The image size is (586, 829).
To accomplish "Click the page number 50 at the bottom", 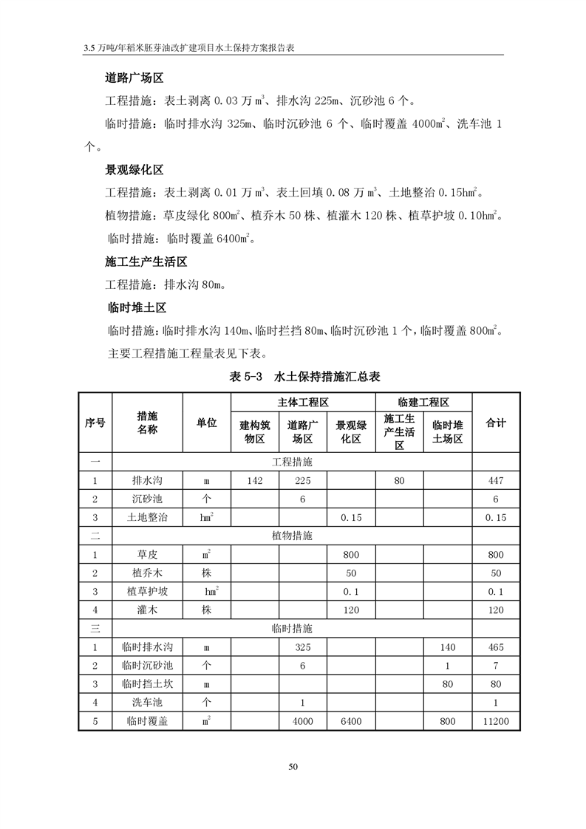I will (293, 767).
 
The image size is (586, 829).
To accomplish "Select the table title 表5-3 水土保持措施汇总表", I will (304, 377).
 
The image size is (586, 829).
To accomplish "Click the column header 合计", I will (496, 423).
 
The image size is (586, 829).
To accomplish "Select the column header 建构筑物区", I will (255, 431).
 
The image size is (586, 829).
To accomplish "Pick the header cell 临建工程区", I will (423, 402).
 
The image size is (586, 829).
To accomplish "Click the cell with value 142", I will (255, 481).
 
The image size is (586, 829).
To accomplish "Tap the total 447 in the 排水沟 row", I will (496, 481).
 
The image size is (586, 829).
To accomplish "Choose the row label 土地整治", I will (147, 518).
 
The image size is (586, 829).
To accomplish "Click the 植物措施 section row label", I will (292, 536).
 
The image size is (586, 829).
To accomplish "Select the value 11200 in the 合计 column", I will (496, 721).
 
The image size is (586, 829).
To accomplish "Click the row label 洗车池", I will (147, 703).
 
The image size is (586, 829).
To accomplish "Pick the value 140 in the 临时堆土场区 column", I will (447, 647).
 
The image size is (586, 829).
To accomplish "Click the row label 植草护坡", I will (147, 592).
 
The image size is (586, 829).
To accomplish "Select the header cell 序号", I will (95, 423).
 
